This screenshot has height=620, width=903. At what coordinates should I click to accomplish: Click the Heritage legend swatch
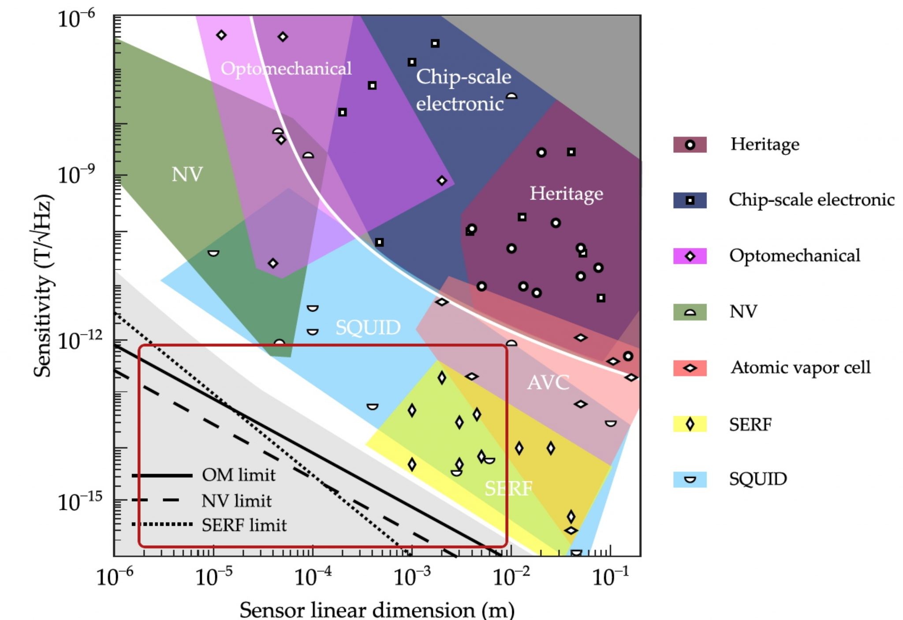point(690,145)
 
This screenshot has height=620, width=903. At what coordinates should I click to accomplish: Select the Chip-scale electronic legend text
point(811,200)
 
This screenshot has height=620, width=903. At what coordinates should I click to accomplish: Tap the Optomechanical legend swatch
point(690,256)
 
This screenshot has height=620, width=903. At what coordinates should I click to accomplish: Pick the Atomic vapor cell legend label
point(800,368)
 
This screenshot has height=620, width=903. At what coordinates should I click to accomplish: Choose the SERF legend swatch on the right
point(690,424)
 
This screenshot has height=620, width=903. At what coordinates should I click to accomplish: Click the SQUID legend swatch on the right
point(690,479)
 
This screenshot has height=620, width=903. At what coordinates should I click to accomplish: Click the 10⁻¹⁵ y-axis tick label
point(79,501)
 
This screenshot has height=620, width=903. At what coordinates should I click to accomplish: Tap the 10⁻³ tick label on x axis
point(411,576)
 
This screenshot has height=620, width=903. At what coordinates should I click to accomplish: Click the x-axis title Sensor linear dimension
point(377,609)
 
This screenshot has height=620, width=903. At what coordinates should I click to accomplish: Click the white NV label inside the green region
point(187,174)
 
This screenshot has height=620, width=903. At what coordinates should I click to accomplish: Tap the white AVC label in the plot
point(548,382)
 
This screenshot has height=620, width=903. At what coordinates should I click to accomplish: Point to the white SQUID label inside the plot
point(368,327)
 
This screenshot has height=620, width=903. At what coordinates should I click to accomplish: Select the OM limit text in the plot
point(239,475)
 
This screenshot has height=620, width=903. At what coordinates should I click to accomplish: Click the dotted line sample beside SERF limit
point(162,524)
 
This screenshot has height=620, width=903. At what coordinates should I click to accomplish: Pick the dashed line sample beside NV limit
point(162,500)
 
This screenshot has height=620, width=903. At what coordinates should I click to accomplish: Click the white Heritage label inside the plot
point(566,193)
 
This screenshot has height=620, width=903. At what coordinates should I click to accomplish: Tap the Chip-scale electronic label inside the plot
point(463,90)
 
